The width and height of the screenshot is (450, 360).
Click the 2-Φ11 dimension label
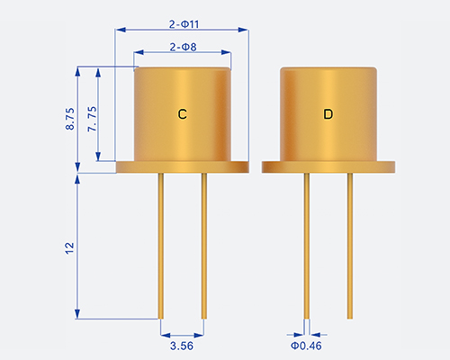point(184,24)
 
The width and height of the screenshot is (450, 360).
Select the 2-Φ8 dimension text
point(183,47)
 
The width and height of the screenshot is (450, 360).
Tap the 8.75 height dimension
point(69,119)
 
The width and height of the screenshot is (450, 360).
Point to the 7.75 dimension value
point(92,119)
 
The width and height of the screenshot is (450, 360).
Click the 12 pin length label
point(69,248)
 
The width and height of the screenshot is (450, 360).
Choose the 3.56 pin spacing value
point(182,346)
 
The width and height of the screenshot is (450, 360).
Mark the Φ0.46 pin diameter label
point(306,346)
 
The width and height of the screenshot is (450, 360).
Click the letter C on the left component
point(183,114)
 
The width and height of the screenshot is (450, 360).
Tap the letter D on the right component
point(328,114)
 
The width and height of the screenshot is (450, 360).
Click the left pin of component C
point(161,246)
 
